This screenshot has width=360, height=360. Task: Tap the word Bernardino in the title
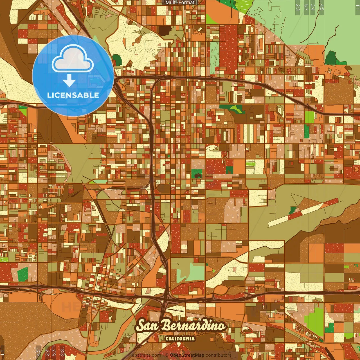193,326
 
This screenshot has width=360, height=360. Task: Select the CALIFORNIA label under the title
180,338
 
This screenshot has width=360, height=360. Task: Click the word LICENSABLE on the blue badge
73,95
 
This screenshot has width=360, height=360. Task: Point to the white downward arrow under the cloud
69,81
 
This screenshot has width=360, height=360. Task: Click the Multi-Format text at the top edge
180,3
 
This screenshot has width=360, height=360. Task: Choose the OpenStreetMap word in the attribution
187,355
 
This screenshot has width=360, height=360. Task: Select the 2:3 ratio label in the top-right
298,7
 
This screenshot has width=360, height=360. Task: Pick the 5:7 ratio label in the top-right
306,7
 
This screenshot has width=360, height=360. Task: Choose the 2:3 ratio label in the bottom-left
62,352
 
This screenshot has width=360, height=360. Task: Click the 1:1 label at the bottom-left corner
3,352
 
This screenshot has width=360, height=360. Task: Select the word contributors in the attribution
219,355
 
